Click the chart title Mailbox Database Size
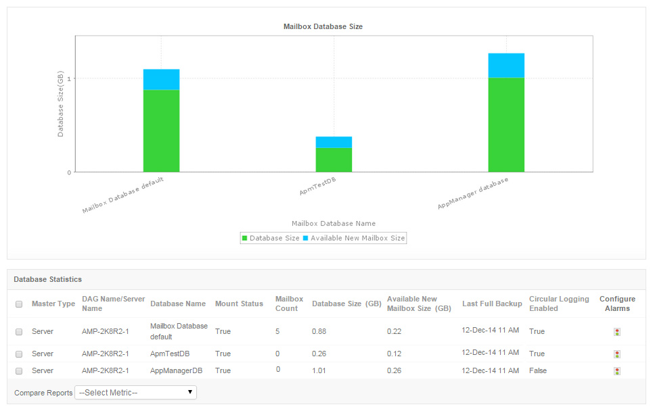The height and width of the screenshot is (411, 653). [x=323, y=26]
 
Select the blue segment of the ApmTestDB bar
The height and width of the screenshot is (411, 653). [x=334, y=142]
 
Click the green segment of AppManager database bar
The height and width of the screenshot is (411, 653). [x=506, y=124]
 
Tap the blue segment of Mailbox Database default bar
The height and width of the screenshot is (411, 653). [x=161, y=79]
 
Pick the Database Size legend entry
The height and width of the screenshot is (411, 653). [x=271, y=238]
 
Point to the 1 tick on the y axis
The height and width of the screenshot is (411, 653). [x=69, y=78]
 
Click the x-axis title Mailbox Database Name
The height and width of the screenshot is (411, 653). [x=334, y=223]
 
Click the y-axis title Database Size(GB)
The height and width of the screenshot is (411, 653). [x=60, y=105]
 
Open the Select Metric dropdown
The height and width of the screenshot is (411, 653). [x=135, y=392]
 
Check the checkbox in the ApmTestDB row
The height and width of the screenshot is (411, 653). [x=19, y=354]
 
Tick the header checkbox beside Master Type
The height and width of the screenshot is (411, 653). [x=19, y=304]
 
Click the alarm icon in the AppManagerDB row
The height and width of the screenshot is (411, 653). [x=616, y=371]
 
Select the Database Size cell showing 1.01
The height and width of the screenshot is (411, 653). [x=320, y=370]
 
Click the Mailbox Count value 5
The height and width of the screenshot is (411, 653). [x=277, y=331]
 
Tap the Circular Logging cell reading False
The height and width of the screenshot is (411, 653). [x=538, y=370]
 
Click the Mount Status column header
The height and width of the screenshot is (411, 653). [x=239, y=304]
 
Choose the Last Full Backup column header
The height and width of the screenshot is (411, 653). [x=492, y=304]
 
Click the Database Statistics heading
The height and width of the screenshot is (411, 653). [x=47, y=279]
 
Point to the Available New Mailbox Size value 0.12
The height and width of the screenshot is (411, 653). [x=394, y=354]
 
